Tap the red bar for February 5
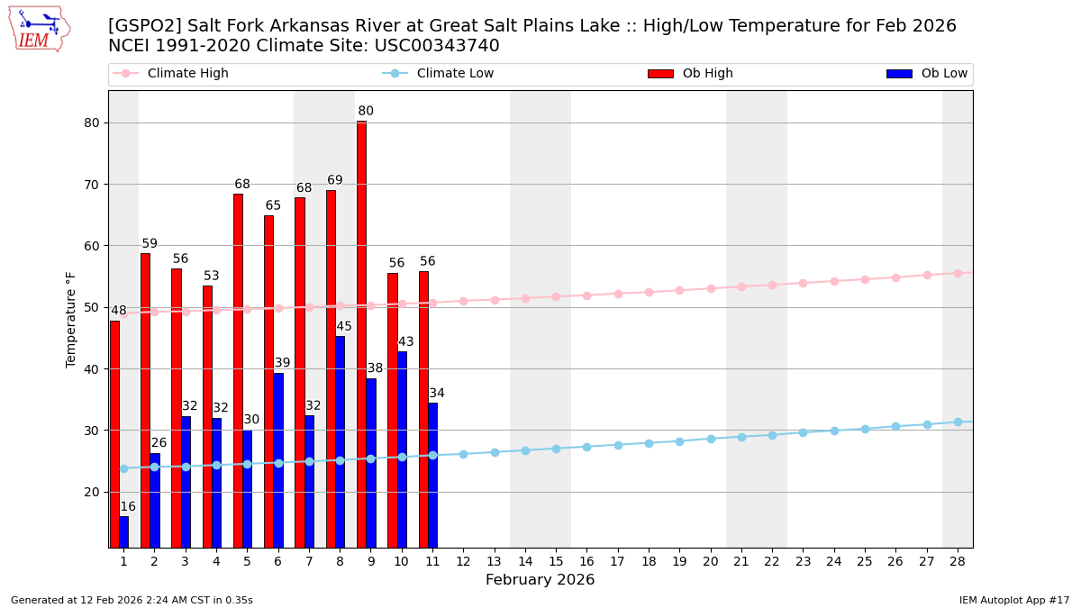(x=238, y=369)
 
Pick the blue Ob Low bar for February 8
(x=340, y=441)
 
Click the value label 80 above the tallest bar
(x=366, y=112)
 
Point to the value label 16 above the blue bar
(x=128, y=507)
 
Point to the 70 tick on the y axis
(x=92, y=185)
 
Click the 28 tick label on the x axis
(x=958, y=561)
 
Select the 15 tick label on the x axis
(x=556, y=561)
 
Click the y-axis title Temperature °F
(x=71, y=319)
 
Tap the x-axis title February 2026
(x=540, y=580)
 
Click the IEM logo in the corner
(x=39, y=29)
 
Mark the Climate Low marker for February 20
(x=711, y=439)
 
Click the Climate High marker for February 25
(x=865, y=279)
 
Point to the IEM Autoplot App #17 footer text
(x=1013, y=600)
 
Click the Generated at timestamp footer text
(x=132, y=600)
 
